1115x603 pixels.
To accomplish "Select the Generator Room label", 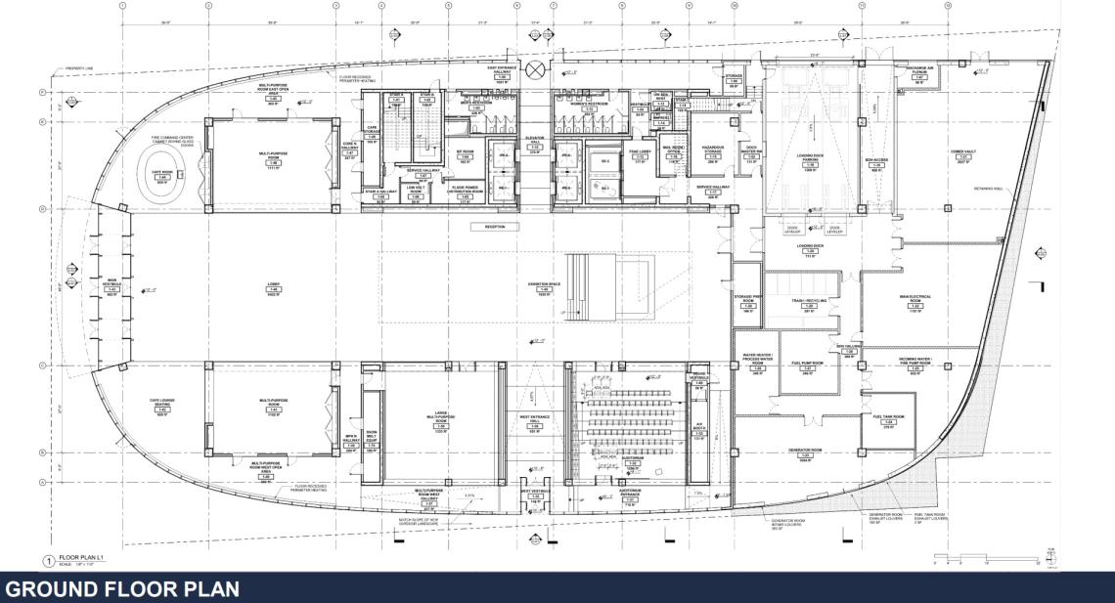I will point(805,452).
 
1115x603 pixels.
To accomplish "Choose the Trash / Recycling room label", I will point(809,303).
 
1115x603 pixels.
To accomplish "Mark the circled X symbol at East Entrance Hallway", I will point(535,70).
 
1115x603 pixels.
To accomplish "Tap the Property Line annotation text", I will point(84,69).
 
